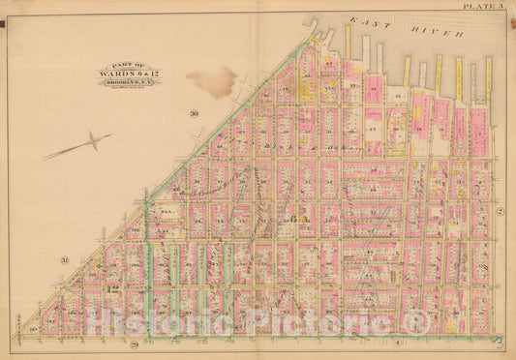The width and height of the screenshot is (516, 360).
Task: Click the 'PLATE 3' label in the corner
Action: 483,6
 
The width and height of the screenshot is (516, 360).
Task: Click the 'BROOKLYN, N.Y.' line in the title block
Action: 128,82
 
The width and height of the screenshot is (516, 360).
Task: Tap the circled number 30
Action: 194,115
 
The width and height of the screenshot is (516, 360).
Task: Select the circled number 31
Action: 65,259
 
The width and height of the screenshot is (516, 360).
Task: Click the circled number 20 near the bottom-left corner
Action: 32,331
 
